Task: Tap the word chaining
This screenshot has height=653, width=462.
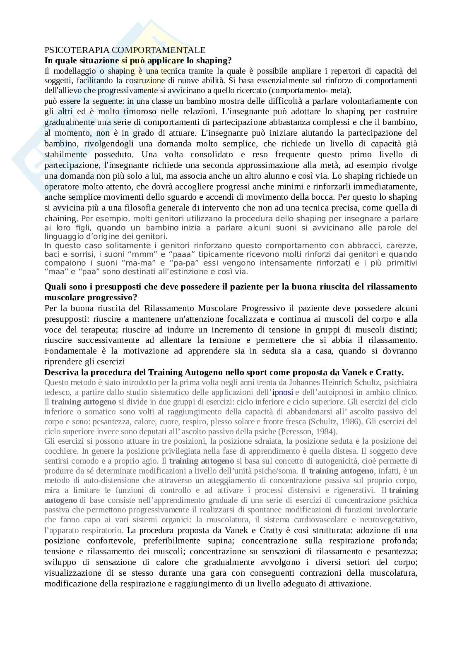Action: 61,218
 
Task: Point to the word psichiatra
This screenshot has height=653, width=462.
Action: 398,382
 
